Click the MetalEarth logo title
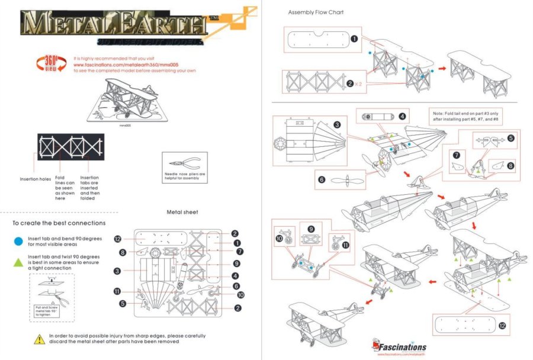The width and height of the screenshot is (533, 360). tap(113, 25)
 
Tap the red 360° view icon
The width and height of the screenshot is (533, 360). tap(52, 63)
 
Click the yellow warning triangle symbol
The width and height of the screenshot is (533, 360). tap(39, 339)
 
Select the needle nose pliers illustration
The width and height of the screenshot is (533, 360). tap(184, 164)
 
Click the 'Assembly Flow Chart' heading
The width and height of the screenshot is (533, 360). tap(316, 12)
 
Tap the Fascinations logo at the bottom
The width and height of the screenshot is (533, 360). tap(400, 345)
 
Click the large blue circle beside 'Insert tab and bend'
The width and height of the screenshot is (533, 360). tap(18, 241)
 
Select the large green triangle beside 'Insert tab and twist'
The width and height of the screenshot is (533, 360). tap(18, 261)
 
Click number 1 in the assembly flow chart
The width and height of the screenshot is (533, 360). tap(354, 39)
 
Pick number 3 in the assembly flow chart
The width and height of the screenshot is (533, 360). tap(336, 124)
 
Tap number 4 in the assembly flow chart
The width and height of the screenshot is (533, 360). tap(402, 116)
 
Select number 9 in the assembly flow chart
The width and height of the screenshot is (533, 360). tap(311, 229)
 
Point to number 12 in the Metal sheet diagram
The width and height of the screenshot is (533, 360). tap(117, 239)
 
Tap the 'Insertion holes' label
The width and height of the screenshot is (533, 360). tap(35, 179)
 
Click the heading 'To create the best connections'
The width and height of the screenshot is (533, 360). tap(59, 223)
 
